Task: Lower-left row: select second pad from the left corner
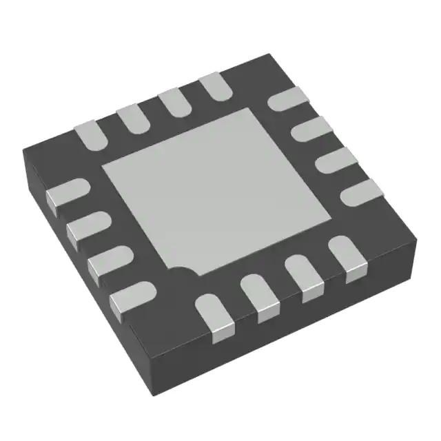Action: pyautogui.click(x=87, y=227)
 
